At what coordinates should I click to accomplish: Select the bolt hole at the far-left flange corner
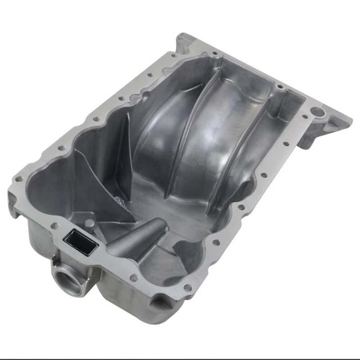click(19, 179)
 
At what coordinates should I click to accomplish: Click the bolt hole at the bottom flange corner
click(188, 287)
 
